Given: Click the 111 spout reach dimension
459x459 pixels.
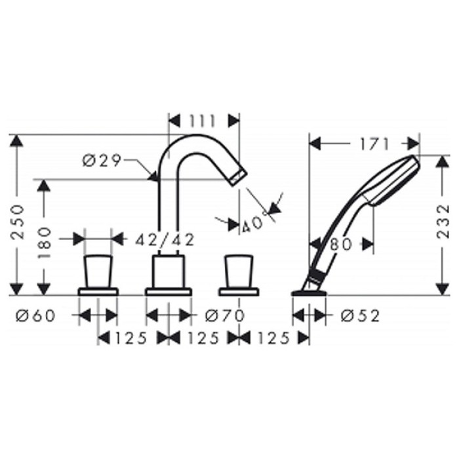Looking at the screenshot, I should tap(203, 120).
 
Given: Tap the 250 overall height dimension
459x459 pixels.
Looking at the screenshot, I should tap(19, 222).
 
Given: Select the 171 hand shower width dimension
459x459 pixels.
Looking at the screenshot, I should tap(374, 143).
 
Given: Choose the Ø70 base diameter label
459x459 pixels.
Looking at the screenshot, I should tap(224, 316).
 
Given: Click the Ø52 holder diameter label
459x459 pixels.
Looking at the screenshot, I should tap(360, 316).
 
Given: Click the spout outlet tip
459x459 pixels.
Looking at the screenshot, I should tap(239, 175).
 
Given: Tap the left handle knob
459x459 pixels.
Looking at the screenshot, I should tap(98, 271).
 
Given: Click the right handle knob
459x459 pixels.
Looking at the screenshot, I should tap(238, 271).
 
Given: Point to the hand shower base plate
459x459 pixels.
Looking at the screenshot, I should tap(308, 289).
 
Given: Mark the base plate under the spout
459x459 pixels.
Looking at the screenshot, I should tap(169, 290).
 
